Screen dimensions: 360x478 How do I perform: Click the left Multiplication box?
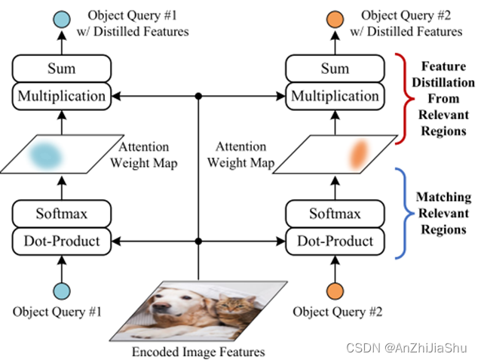(x=62, y=96)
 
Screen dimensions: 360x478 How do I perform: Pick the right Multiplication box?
(x=335, y=96)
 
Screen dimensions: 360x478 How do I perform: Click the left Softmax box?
(x=62, y=214)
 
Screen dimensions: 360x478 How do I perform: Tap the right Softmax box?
(x=335, y=214)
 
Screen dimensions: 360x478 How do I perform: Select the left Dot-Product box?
(x=62, y=242)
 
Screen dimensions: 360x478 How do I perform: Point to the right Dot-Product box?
(x=335, y=242)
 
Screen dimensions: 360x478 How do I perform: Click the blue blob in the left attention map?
(x=49, y=155)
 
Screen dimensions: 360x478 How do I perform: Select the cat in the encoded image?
(x=234, y=309)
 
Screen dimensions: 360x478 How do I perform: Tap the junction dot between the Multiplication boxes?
(x=199, y=96)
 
